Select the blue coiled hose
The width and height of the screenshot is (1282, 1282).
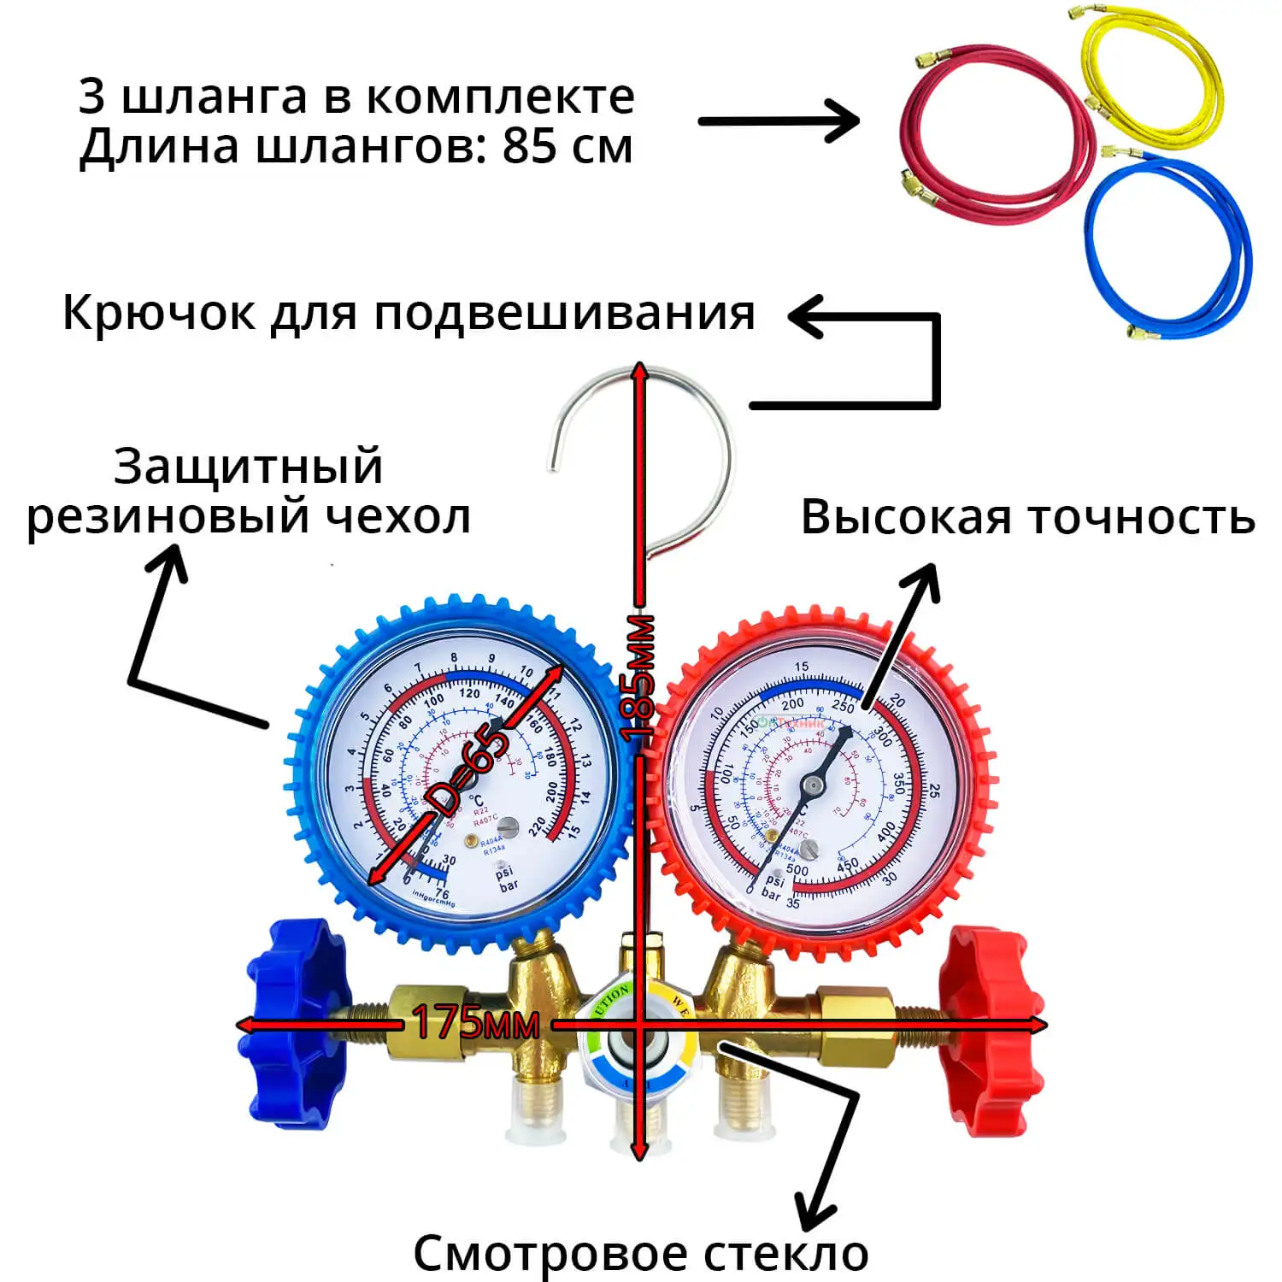[x=1103, y=256]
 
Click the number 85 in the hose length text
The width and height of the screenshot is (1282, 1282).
[x=528, y=147]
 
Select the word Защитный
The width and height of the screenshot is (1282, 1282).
[x=248, y=467]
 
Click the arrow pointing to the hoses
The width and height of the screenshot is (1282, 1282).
[x=778, y=121]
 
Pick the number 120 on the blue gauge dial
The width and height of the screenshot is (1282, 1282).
[x=469, y=693]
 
